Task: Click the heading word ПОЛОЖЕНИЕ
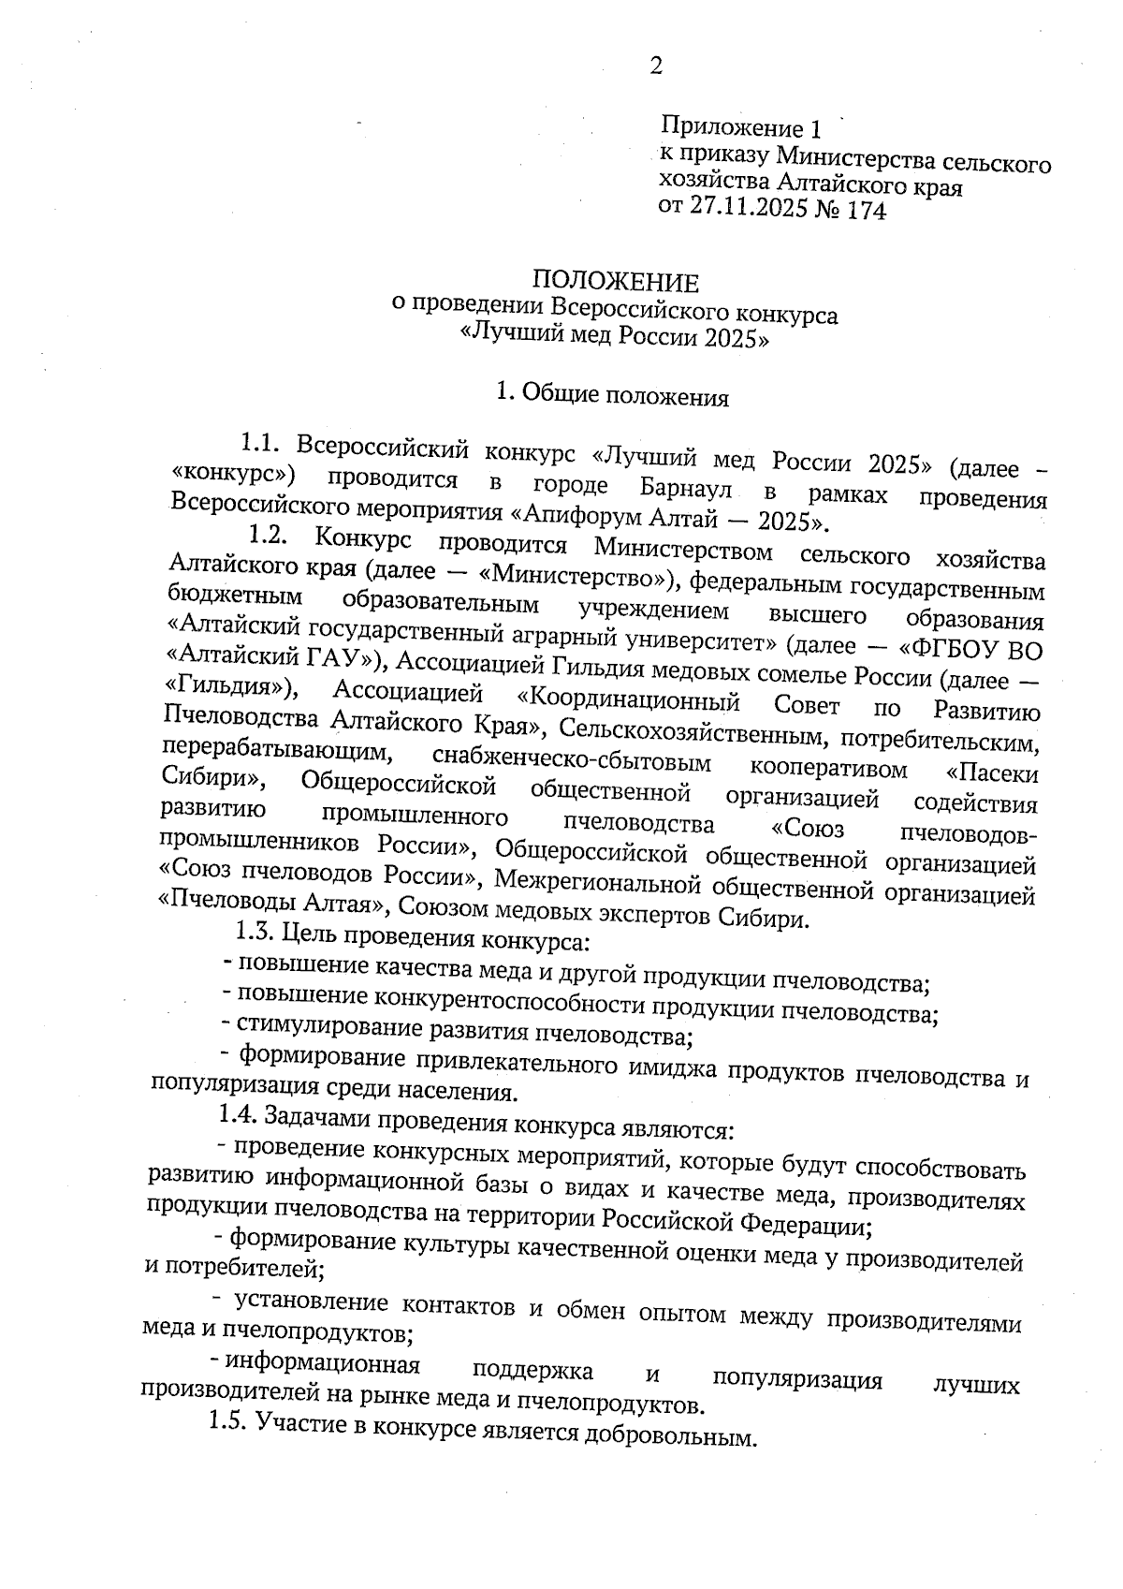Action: pyautogui.click(x=616, y=282)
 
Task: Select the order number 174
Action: pyautogui.click(x=865, y=211)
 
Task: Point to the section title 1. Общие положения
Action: pyautogui.click(x=612, y=396)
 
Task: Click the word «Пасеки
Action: pyautogui.click(x=992, y=772)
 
